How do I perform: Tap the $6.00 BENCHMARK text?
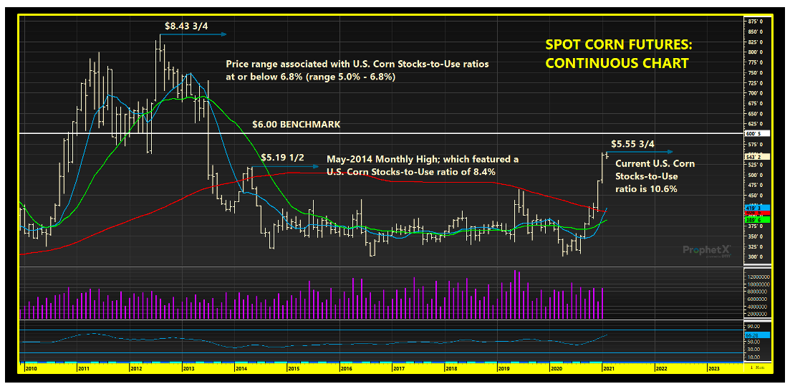[x=296, y=124]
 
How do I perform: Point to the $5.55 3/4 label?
[x=632, y=143]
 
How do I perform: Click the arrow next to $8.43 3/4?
[x=215, y=34]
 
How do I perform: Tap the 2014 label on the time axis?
[x=241, y=368]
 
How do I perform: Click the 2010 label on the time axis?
[x=32, y=368]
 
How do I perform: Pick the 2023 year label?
[x=713, y=368]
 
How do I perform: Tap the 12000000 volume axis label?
[x=758, y=277]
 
